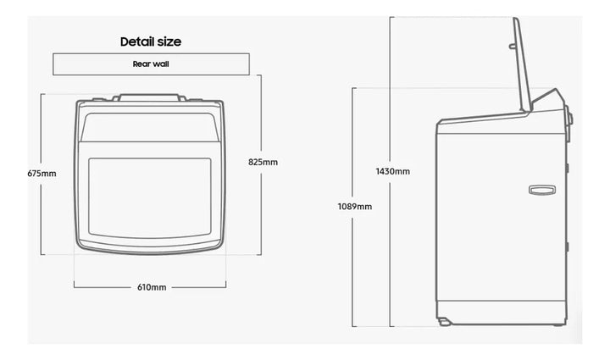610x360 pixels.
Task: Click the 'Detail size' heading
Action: pos(151,42)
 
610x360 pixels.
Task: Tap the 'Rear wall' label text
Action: pos(151,64)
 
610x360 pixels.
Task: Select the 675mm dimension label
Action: pos(42,174)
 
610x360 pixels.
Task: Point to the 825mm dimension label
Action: pos(263,162)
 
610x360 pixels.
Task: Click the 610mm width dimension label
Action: pos(152,287)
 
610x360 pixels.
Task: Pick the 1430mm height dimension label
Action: pos(393,171)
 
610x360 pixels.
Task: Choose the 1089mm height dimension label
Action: pos(355,207)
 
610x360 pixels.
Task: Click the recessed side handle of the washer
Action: pos(542,190)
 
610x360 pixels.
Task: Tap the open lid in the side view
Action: pos(522,65)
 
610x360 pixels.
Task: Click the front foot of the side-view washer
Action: pos(444,322)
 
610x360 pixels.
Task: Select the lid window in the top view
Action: pos(150,197)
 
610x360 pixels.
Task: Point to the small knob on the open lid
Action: pos(513,47)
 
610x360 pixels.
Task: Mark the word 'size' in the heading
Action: pos(169,42)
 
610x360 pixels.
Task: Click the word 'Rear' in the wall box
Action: pos(141,64)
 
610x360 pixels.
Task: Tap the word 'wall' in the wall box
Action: pos(161,64)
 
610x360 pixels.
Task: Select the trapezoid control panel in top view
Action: pos(150,127)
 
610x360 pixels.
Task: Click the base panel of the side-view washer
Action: pos(501,313)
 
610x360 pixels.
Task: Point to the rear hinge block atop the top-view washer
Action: pos(150,97)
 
